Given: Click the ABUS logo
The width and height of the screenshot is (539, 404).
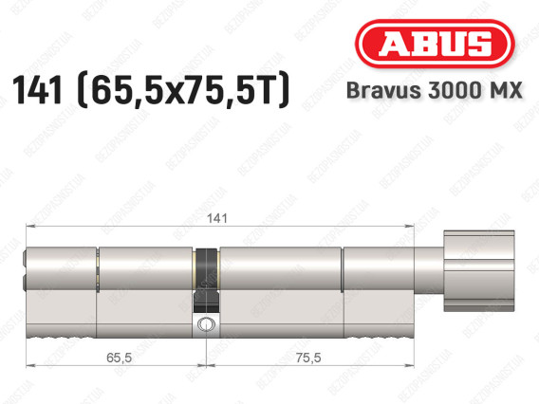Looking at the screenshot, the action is point(435,44).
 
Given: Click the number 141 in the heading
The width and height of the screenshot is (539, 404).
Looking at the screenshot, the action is point(37,90).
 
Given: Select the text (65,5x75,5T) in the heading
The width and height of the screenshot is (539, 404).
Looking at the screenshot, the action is point(184,90).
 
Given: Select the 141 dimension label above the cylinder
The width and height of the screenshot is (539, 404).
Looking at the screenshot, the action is point(217,218).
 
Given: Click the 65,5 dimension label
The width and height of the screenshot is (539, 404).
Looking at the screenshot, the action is point(119,358).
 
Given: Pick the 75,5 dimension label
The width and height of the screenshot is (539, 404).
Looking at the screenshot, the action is point(308,358).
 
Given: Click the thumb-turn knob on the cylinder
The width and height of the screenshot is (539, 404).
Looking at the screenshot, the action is point(479,271).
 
